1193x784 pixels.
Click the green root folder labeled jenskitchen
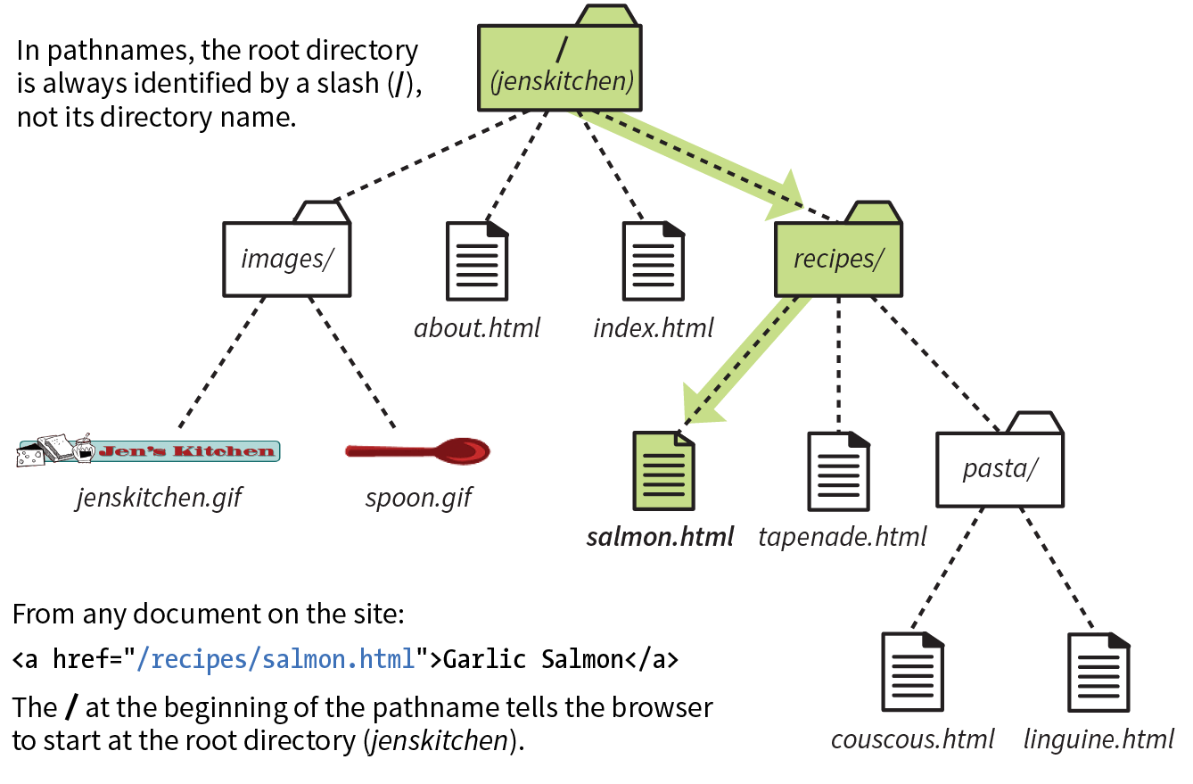[560, 68]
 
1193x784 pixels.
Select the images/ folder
[285, 259]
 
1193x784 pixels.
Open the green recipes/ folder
[838, 259]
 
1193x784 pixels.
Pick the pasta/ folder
[1000, 468]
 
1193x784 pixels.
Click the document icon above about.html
[476, 260]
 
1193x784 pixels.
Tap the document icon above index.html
[654, 260]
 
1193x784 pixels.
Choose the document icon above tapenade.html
[838, 470]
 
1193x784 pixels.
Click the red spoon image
[419, 451]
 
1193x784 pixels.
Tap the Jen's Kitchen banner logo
[149, 450]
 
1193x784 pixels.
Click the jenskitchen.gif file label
[158, 497]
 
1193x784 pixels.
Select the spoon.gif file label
[417, 497]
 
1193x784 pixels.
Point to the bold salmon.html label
[660, 537]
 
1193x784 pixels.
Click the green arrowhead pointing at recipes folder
[785, 196]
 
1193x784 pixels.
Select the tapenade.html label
[842, 537]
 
